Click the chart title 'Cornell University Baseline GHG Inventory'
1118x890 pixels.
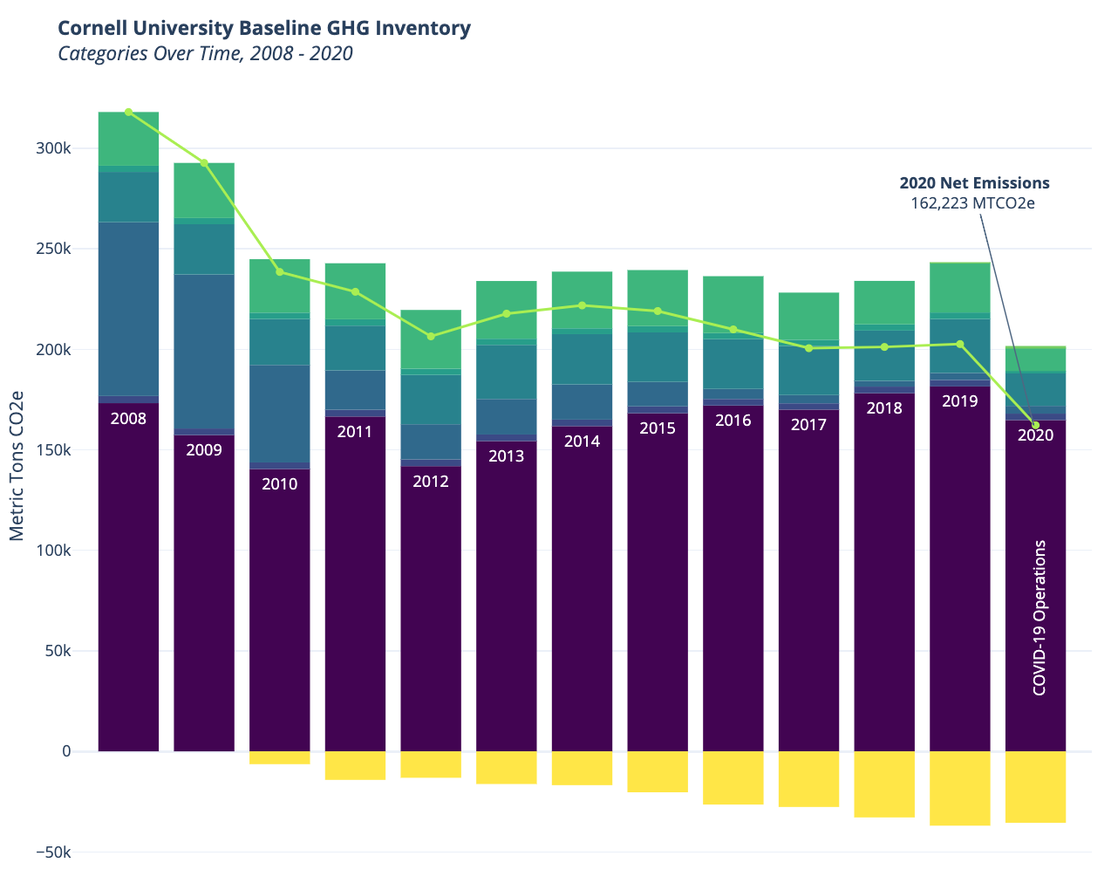click(x=264, y=28)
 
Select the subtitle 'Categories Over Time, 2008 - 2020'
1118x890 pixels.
click(x=205, y=54)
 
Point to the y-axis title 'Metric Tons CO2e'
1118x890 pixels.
click(x=17, y=465)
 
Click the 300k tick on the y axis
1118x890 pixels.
click(x=53, y=148)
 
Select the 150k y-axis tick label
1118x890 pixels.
click(x=53, y=450)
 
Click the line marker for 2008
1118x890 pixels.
click(x=128, y=112)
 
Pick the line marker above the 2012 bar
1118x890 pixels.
click(x=431, y=336)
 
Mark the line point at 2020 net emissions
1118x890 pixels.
click(x=1035, y=425)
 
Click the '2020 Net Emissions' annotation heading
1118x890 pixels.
click(x=974, y=183)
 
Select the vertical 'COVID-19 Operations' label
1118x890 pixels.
click(x=1039, y=618)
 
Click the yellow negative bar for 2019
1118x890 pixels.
click(x=959, y=788)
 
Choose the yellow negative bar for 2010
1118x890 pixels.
click(x=280, y=757)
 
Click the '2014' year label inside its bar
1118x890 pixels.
click(x=582, y=442)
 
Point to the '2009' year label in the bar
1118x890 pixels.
click(x=204, y=450)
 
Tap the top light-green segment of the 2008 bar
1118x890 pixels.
click(x=128, y=138)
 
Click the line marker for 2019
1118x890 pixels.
click(x=960, y=344)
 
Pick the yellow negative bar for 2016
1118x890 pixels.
click(x=733, y=777)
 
